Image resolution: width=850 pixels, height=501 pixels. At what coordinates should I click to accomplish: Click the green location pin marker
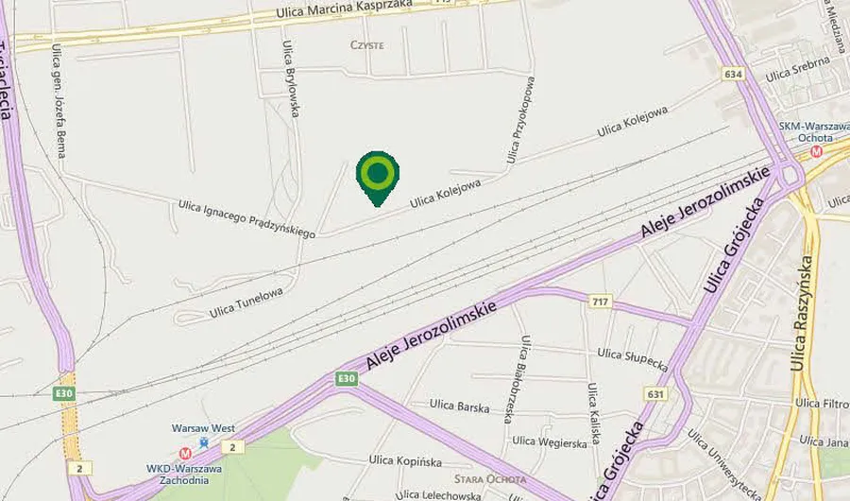pos(377,175)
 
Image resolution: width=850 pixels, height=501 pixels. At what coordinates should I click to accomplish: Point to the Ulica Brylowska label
pos(293,79)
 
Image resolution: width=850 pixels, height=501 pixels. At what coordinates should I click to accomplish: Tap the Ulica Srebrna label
pos(797,67)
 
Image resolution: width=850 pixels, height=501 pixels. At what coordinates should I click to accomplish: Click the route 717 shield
pos(599,302)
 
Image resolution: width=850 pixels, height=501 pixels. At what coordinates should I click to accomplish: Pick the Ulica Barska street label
pos(459,406)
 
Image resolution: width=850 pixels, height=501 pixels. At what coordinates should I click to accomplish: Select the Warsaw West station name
pos(203,428)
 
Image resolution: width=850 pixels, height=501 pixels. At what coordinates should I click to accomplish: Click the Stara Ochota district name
pos(489,479)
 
